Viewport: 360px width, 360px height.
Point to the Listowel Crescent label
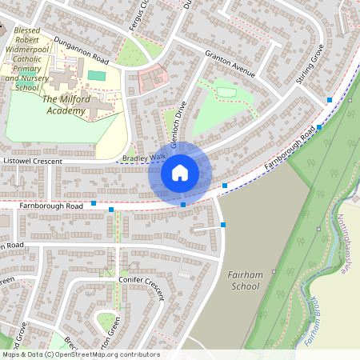coord(33,161)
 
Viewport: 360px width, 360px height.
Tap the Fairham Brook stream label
coord(312,320)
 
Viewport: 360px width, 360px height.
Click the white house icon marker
coord(180,172)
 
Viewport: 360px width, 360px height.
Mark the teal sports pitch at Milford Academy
coord(97,75)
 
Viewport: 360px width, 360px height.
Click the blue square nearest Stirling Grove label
coord(330,100)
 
